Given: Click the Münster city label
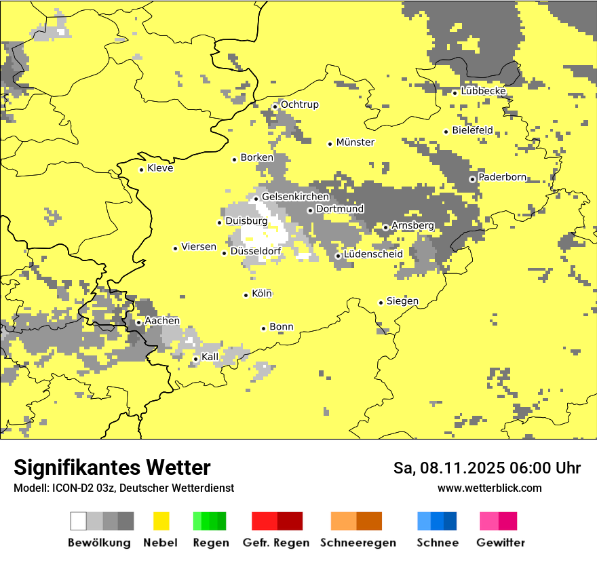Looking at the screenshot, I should tap(355, 142).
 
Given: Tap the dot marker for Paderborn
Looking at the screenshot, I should tap(472, 179).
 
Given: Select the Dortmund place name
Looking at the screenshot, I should tap(340, 209).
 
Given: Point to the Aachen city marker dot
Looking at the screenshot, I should tap(138, 322).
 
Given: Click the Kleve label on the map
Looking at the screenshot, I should tap(160, 168).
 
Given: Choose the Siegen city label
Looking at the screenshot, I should tap(402, 301).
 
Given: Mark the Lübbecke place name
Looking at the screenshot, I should tap(483, 91).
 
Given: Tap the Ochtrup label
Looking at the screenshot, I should tap(299, 104).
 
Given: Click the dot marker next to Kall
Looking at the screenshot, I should tap(195, 359).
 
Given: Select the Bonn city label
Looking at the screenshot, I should tap(282, 327).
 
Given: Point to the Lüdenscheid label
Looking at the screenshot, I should tap(373, 254).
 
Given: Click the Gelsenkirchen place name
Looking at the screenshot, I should tap(295, 197).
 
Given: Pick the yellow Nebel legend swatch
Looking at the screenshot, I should tap(161, 521).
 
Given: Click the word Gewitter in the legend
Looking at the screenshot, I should tap(500, 543).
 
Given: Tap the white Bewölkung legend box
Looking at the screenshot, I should tap(79, 521).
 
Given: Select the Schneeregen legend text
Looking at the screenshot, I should tap(358, 543).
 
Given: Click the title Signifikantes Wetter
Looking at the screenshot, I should tap(112, 467).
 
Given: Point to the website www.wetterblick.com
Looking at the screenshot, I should tap(489, 488).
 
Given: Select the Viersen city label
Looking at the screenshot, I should tap(199, 247).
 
